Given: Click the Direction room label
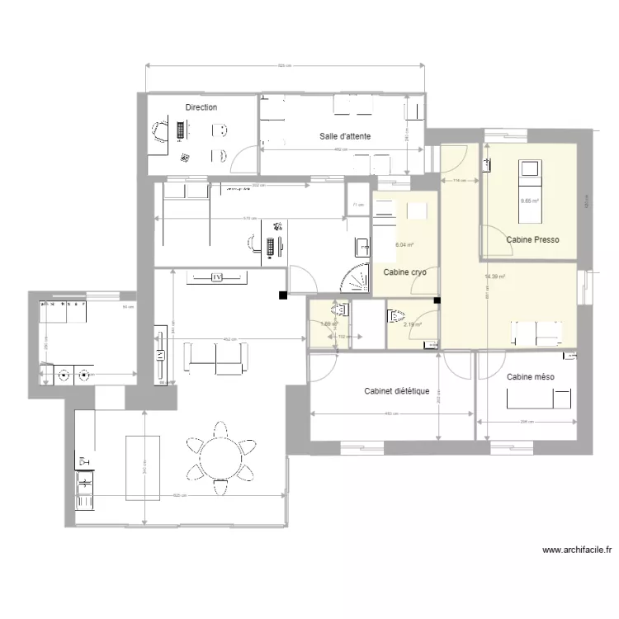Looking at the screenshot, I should coord(201,107).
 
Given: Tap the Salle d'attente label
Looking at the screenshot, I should coord(345,136).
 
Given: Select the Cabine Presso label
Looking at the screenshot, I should coord(532,240).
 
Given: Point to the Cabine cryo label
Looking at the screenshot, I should coord(404,272).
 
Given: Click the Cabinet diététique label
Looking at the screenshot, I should coord(396,391).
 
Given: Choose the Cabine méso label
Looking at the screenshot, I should coord(530,377).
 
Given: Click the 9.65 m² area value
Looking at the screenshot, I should coord(529,201).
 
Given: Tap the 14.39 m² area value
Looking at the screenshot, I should coord(495,277).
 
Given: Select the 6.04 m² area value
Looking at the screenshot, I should coord(404,245).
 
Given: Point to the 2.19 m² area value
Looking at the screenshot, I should coord(412,324).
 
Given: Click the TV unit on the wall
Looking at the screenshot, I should coord(219,277).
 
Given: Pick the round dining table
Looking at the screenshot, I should coord(220,456).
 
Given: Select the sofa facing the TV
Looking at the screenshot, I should coord(215,356).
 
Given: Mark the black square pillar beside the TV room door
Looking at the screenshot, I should coord(283,295).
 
